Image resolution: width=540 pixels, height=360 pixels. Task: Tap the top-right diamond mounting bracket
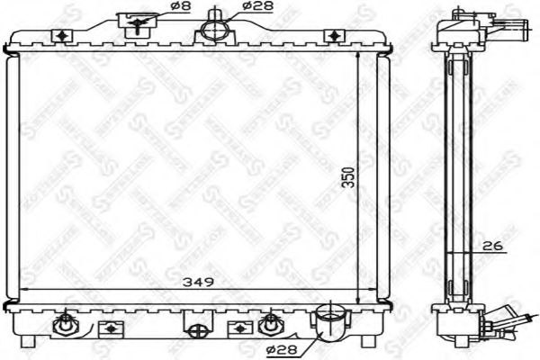click(x=335, y=35)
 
